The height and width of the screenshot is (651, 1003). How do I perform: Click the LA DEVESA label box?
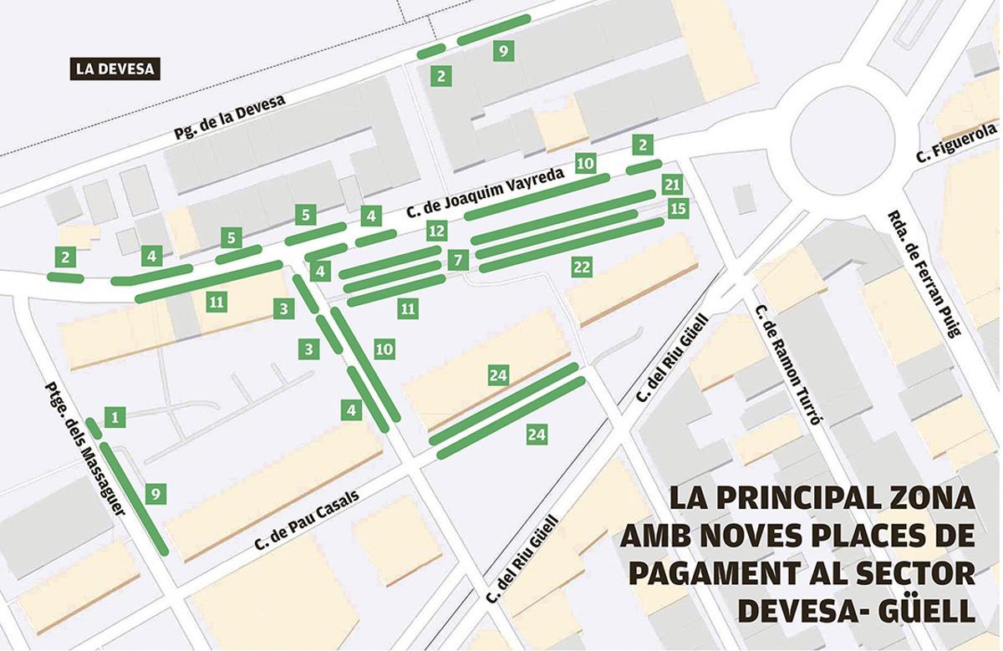(x=115, y=69)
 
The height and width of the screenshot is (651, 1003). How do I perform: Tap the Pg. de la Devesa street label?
(x=230, y=116)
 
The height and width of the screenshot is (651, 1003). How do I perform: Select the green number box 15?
(x=678, y=208)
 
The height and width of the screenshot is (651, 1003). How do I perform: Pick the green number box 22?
(x=583, y=267)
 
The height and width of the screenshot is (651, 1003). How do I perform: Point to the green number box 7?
(x=456, y=260)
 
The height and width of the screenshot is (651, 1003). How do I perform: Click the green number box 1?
(x=116, y=415)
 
